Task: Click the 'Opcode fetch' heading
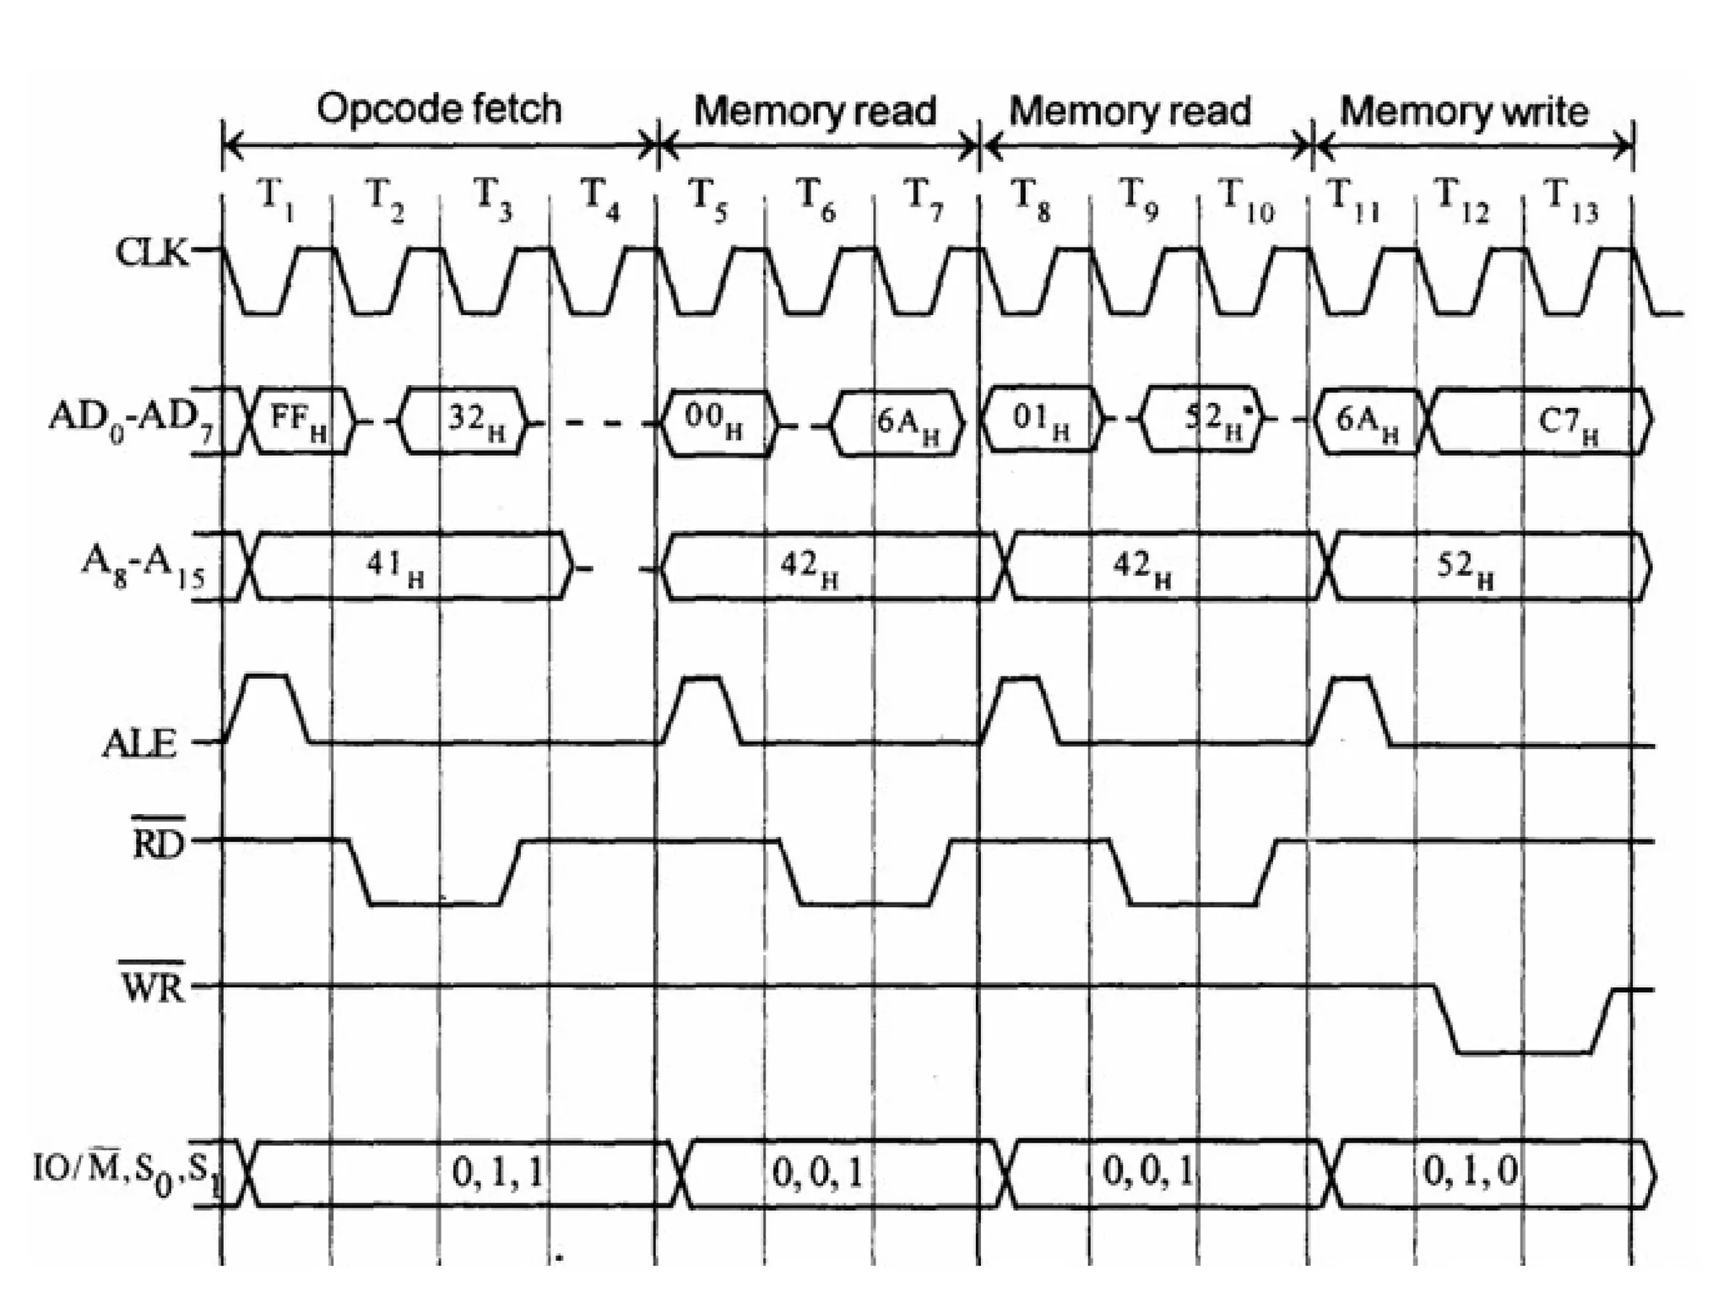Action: point(438,110)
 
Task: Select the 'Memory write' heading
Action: point(1464,111)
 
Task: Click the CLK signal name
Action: point(152,252)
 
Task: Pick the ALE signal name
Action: point(139,744)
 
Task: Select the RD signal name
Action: point(158,841)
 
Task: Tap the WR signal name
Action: point(152,985)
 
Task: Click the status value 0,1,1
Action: point(499,1172)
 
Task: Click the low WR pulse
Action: point(1525,1052)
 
